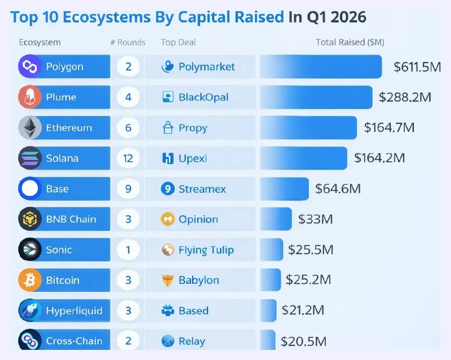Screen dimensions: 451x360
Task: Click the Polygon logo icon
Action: [x=30, y=66]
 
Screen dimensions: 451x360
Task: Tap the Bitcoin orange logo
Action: [x=30, y=280]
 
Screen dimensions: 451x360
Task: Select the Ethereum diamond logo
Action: [x=30, y=128]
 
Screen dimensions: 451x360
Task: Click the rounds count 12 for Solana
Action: [x=129, y=158]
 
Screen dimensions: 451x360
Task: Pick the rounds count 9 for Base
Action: [x=129, y=189]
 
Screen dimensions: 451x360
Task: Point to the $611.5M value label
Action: [x=417, y=66]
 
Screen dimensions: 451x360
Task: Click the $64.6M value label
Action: [x=338, y=189]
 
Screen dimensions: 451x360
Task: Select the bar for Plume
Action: [x=316, y=97]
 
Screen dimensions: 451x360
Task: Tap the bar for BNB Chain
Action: [x=276, y=219]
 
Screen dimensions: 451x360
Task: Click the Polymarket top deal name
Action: [x=206, y=66]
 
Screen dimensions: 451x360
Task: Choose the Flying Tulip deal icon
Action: [x=167, y=250]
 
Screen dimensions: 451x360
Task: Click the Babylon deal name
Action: [x=199, y=280]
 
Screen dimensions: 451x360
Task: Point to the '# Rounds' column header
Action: [x=128, y=42]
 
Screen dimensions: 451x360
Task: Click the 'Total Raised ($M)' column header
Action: [x=350, y=42]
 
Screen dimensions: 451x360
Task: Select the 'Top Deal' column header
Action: [x=178, y=42]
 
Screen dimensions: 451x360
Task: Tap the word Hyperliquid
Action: [x=74, y=311]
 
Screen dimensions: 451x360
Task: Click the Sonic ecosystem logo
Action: [x=30, y=250]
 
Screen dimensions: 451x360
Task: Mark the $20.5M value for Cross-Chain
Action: [x=303, y=341]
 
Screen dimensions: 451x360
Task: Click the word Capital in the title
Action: [x=231, y=17]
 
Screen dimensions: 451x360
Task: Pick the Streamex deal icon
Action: [x=167, y=189]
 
